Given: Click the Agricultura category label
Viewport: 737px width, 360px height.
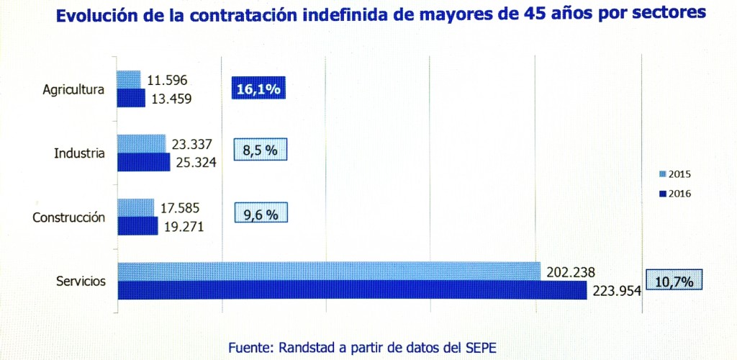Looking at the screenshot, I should (x=74, y=90).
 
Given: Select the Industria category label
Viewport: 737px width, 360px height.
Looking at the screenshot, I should (x=80, y=153).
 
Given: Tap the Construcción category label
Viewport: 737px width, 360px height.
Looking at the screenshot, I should (x=69, y=217).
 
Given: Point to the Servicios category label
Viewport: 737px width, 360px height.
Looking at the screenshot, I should (x=81, y=281).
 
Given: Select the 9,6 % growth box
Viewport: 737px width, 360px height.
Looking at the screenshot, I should (x=260, y=214).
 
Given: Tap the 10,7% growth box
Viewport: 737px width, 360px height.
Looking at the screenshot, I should (x=674, y=281).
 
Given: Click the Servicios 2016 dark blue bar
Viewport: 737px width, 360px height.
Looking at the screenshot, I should (x=352, y=290).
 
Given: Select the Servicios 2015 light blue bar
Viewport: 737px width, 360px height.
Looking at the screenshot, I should (x=328, y=271).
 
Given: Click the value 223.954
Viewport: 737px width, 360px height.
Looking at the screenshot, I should (x=616, y=291).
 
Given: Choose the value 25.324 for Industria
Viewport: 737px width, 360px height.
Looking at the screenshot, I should (x=195, y=163).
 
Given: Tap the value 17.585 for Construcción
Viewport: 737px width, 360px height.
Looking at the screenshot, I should (x=180, y=209).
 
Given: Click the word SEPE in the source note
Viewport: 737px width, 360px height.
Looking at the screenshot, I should (x=480, y=347).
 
